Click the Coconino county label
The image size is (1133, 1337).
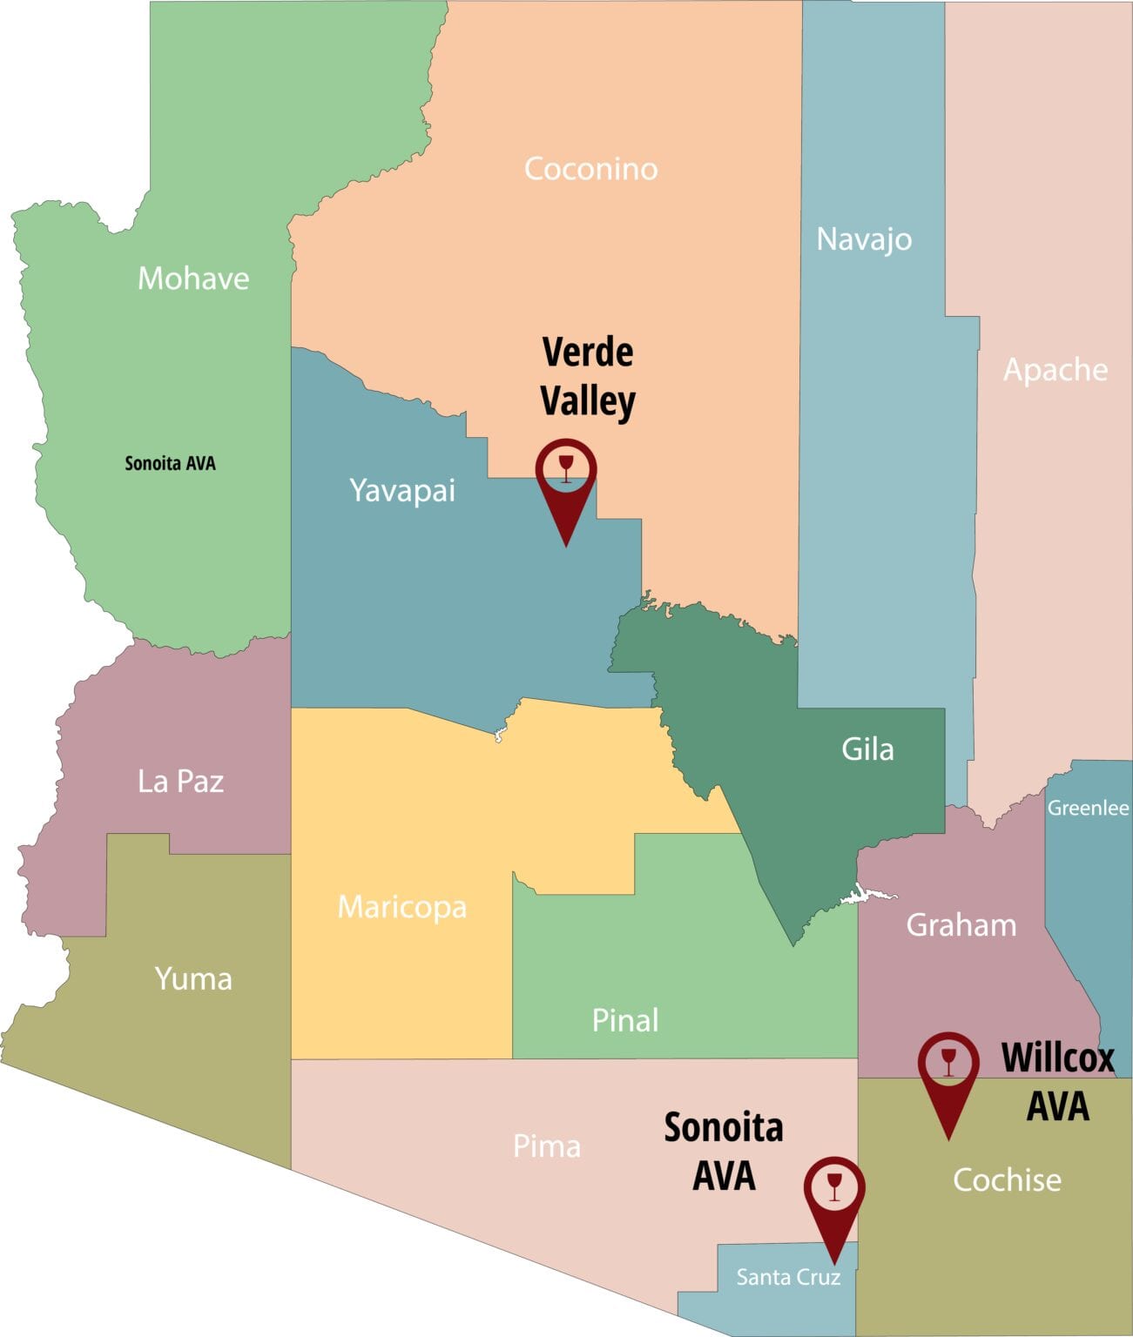click(590, 169)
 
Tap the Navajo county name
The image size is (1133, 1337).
click(864, 239)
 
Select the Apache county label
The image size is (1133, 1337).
click(1055, 370)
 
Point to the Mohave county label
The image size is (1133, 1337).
click(193, 279)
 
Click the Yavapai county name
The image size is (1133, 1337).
click(402, 490)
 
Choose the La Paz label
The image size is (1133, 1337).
click(180, 781)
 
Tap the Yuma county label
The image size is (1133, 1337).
click(193, 978)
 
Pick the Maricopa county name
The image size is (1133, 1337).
click(401, 907)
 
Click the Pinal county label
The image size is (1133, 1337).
click(624, 1020)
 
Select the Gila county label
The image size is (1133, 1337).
click(867, 749)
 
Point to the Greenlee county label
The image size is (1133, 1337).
click(1088, 808)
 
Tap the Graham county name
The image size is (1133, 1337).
click(961, 924)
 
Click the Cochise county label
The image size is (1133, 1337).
click(1007, 1179)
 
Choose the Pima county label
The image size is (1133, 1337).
click(546, 1146)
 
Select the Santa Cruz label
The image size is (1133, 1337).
click(788, 1277)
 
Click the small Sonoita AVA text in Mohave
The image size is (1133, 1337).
click(170, 463)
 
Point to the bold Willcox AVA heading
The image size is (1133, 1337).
click(1057, 1082)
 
